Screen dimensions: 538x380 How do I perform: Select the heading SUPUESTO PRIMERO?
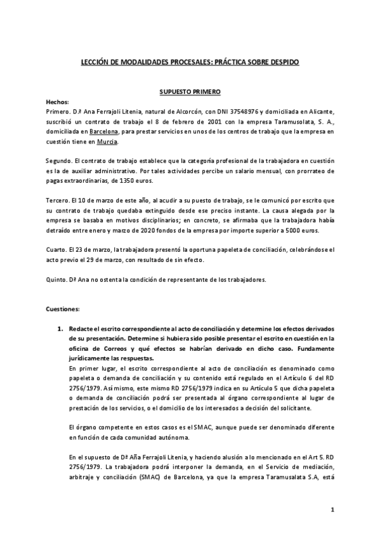pyautogui.click(x=189, y=92)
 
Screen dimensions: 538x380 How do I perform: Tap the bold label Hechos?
pyautogui.click(x=58, y=102)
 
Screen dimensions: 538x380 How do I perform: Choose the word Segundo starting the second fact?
pyautogui.click(x=60, y=161)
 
